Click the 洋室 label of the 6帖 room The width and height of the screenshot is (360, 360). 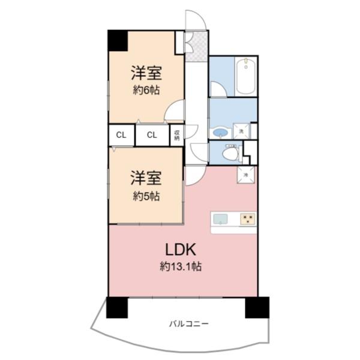pyautogui.click(x=146, y=74)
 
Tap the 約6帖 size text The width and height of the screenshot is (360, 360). pyautogui.click(x=146, y=91)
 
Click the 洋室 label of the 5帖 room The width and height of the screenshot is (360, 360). pyautogui.click(x=146, y=179)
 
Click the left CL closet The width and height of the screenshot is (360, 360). pyautogui.click(x=121, y=135)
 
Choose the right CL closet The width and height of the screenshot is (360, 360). pyautogui.click(x=152, y=135)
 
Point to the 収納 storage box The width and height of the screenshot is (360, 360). pyautogui.click(x=177, y=135)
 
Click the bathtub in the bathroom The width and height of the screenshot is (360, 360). pyautogui.click(x=246, y=76)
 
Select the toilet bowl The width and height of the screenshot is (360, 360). pyautogui.click(x=230, y=155)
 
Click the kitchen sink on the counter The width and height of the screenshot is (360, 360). pyautogui.click(x=220, y=219)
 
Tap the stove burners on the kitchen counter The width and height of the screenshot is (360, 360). pyautogui.click(x=247, y=219)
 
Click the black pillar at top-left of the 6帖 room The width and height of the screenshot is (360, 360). pyautogui.click(x=118, y=41)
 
